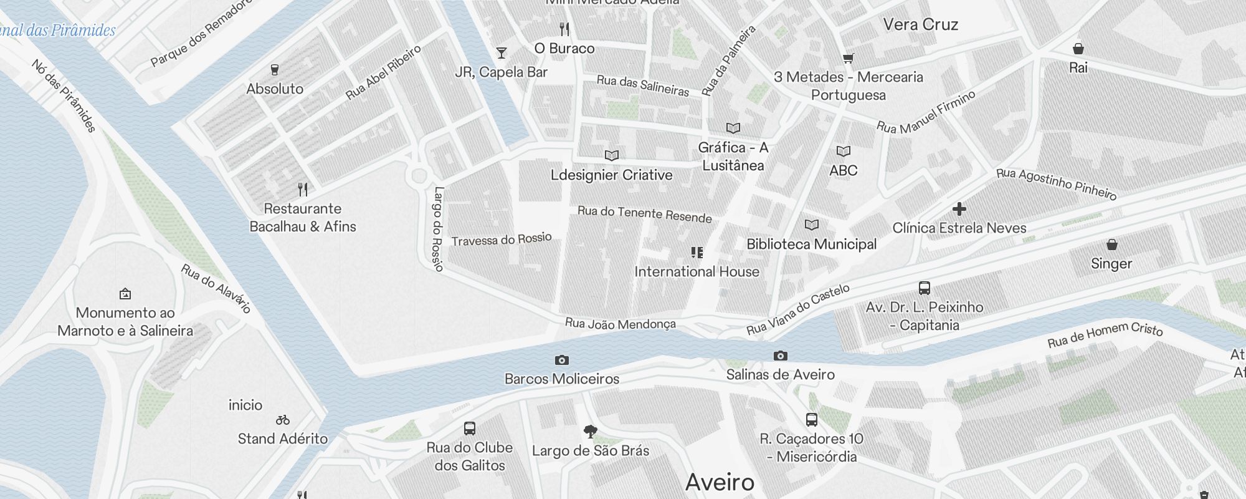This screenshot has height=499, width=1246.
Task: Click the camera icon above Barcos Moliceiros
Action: (x=561, y=360)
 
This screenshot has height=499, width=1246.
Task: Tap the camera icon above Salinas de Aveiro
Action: (x=780, y=356)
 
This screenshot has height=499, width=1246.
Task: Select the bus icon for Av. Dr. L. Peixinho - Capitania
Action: (x=925, y=288)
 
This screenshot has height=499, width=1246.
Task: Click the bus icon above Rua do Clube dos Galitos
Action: (x=470, y=429)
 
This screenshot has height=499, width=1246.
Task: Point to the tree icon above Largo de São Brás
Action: (x=591, y=431)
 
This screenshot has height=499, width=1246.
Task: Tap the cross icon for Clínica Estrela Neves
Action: (x=959, y=209)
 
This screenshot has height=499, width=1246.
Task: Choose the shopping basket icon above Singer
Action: (x=1112, y=244)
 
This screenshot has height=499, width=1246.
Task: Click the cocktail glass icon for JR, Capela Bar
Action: (x=502, y=53)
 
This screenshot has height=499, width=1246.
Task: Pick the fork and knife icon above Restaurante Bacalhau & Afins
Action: (x=303, y=189)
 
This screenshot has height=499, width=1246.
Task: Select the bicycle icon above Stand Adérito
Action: (x=283, y=420)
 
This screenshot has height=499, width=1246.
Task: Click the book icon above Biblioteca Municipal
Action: (x=811, y=225)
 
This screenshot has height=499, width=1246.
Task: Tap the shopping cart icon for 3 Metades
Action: (x=848, y=59)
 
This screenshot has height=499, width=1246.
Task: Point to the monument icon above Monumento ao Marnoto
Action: (x=125, y=293)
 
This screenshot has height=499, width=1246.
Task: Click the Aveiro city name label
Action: (x=720, y=482)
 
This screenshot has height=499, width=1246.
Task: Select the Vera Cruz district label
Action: (x=920, y=24)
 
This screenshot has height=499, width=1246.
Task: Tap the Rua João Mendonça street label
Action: (x=620, y=324)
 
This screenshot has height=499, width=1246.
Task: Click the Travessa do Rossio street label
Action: (x=502, y=240)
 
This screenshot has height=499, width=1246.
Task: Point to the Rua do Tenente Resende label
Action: (x=644, y=213)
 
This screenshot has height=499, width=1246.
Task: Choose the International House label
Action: (x=697, y=271)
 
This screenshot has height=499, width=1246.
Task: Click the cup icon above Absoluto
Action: (x=275, y=69)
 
